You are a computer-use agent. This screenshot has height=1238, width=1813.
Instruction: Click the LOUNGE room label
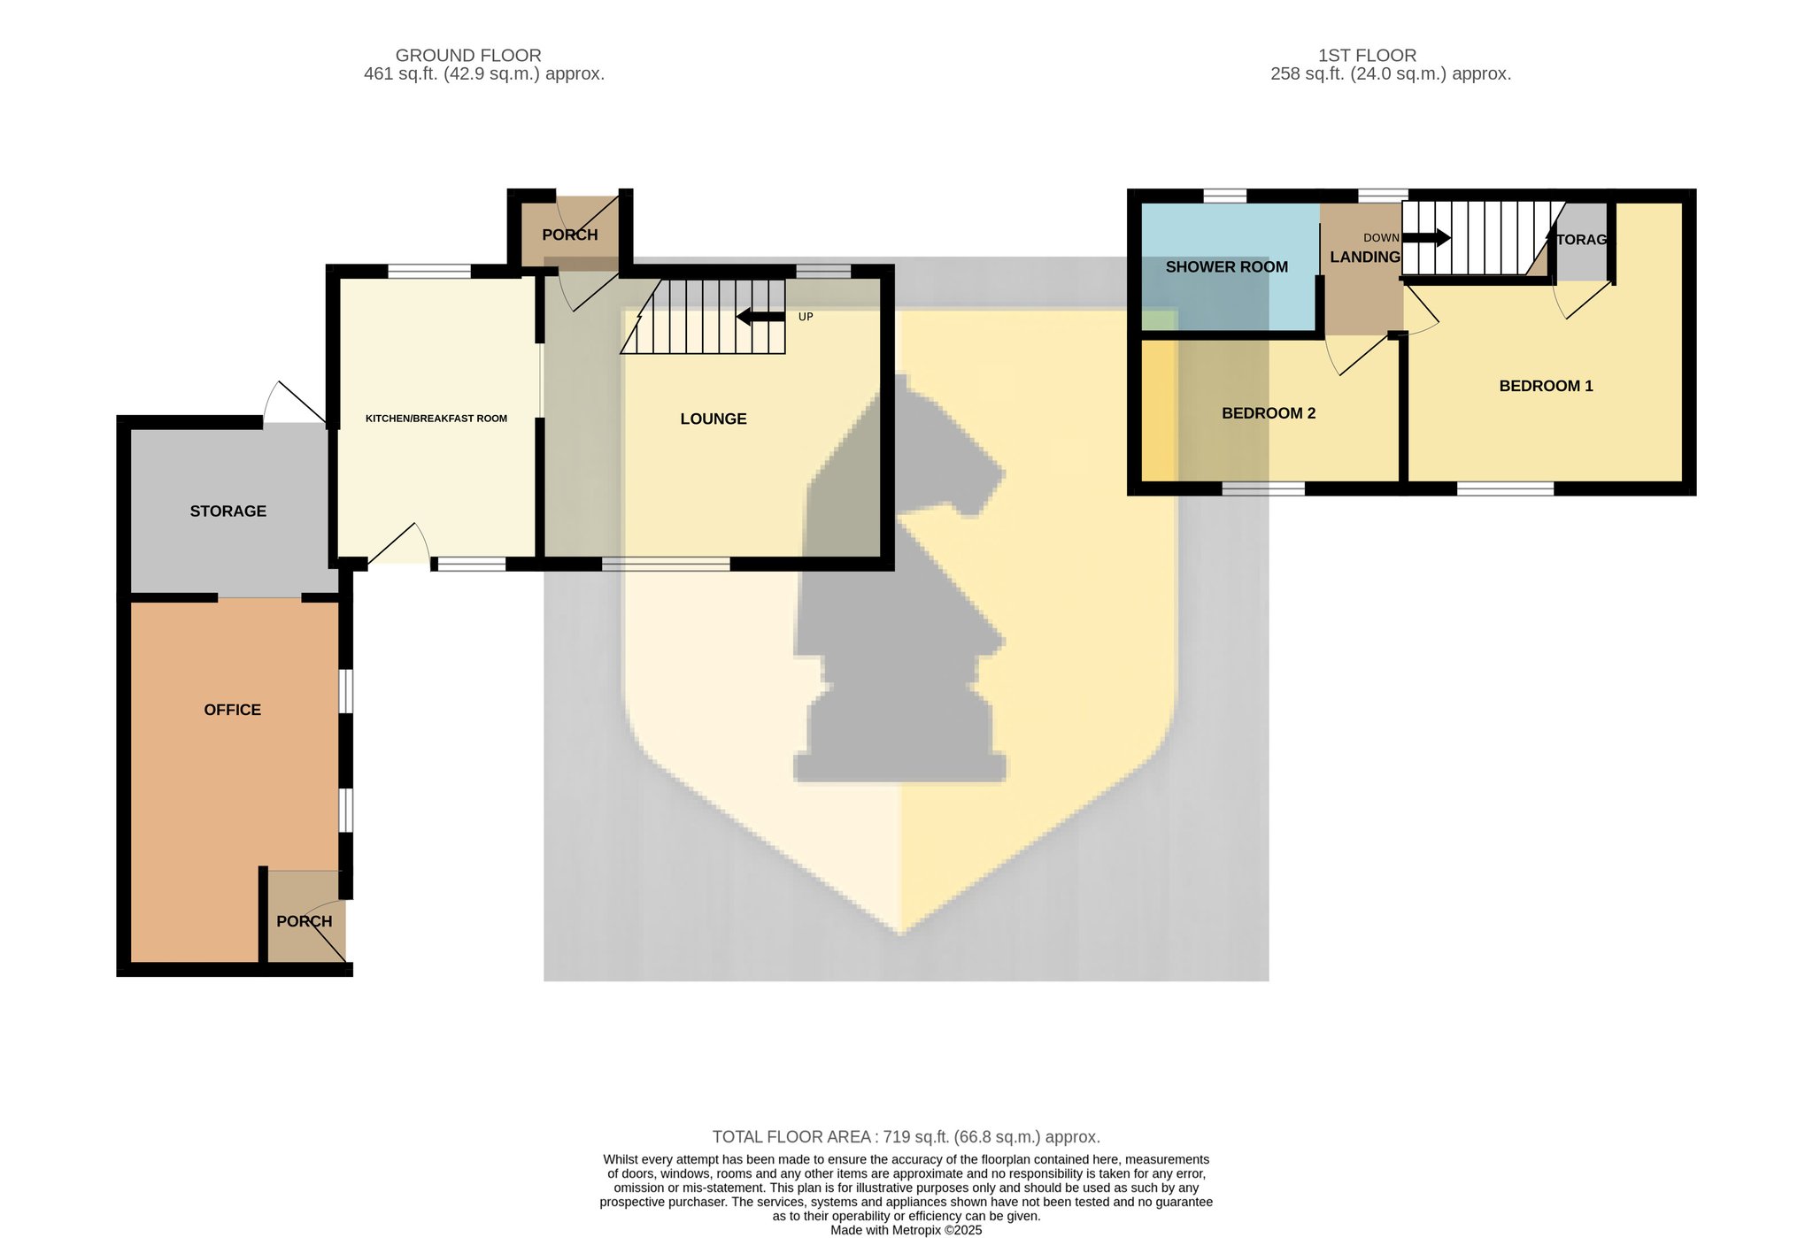coord(713,419)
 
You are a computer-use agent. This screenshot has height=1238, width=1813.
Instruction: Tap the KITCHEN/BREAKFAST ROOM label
coord(436,419)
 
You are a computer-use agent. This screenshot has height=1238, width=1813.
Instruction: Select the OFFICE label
coord(232,710)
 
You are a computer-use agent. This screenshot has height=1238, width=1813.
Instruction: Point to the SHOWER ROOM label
coord(1226,266)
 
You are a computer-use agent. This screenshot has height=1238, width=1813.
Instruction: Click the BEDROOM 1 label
coord(1546,386)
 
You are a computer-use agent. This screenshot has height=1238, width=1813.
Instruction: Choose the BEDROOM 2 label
coord(1269,413)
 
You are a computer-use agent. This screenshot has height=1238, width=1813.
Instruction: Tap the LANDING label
coord(1365,257)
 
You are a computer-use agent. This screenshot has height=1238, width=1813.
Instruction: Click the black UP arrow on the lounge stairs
coord(760,316)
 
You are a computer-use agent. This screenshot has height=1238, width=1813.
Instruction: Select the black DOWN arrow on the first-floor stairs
coord(1426,237)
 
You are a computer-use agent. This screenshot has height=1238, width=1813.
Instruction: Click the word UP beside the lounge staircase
coord(806,317)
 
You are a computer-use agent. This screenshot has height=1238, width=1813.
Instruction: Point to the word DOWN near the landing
coord(1381,238)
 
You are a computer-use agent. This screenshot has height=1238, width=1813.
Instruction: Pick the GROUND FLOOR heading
coord(468,55)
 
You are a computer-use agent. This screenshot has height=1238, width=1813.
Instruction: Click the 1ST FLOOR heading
coord(1367,55)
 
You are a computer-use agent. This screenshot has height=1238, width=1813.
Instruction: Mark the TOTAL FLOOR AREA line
coord(906,1137)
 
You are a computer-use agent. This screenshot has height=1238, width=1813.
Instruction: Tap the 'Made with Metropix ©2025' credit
coord(906,1230)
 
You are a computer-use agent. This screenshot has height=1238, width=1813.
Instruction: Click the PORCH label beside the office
coord(304,921)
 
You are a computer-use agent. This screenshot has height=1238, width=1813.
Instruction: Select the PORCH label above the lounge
coord(569,235)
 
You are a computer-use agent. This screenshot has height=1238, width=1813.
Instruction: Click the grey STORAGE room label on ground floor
coord(228,511)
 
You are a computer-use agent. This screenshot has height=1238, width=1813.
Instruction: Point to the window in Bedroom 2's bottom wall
coord(1263,488)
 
